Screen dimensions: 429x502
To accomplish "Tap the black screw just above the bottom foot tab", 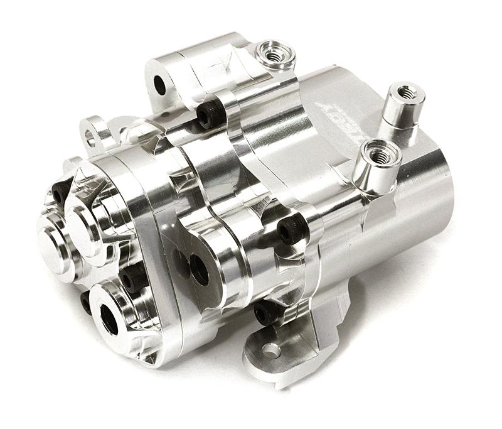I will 265,312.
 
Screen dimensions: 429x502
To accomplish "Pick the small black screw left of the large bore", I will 86,302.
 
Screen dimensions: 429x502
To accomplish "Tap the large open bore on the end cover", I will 109,320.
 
